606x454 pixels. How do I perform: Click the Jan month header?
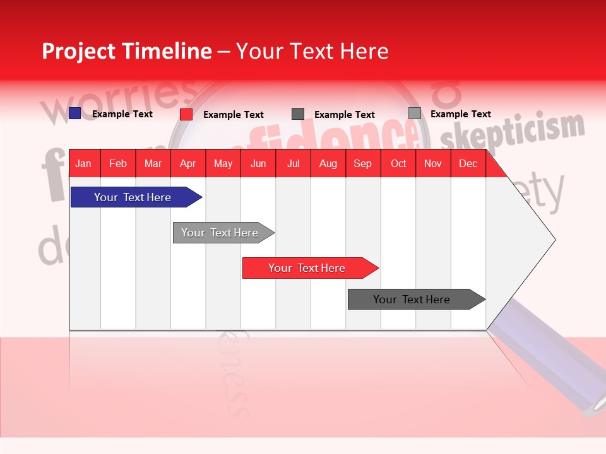point(83,164)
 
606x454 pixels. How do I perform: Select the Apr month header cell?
point(187,164)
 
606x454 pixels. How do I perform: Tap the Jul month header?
point(293,164)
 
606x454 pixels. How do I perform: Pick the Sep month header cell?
point(362,164)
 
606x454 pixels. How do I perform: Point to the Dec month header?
point(468,164)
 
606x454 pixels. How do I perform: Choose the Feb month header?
point(118,164)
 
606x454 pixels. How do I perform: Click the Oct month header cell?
point(398,164)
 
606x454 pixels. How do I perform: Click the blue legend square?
point(75,113)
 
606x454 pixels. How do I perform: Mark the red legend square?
point(186,114)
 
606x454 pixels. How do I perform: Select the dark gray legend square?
point(298,114)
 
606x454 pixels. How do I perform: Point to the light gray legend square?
point(415,113)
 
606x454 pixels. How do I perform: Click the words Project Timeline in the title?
point(126,51)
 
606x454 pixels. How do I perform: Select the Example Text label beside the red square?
point(234,115)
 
